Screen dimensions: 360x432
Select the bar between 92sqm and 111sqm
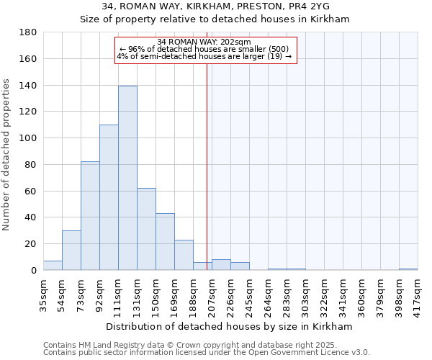[109, 197]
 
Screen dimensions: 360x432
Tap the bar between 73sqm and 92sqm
[90, 216]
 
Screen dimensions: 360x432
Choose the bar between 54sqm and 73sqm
[71, 250]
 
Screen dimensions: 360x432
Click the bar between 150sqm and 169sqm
[165, 242]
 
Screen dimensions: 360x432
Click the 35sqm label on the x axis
[44, 293]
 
